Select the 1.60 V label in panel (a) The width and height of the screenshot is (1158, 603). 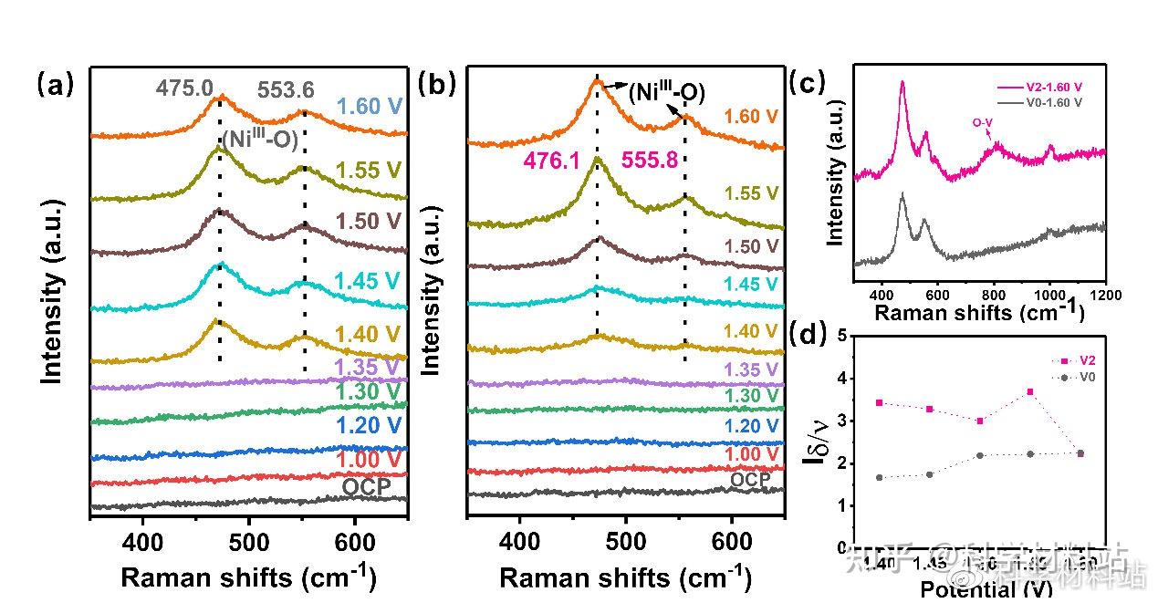tap(369, 107)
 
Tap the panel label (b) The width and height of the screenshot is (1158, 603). tap(434, 85)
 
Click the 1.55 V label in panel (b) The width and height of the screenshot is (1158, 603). tap(752, 193)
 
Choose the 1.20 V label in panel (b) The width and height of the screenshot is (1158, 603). tap(752, 426)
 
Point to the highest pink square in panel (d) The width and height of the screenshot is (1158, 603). tap(1030, 391)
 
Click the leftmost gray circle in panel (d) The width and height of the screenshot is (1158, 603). tap(879, 477)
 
